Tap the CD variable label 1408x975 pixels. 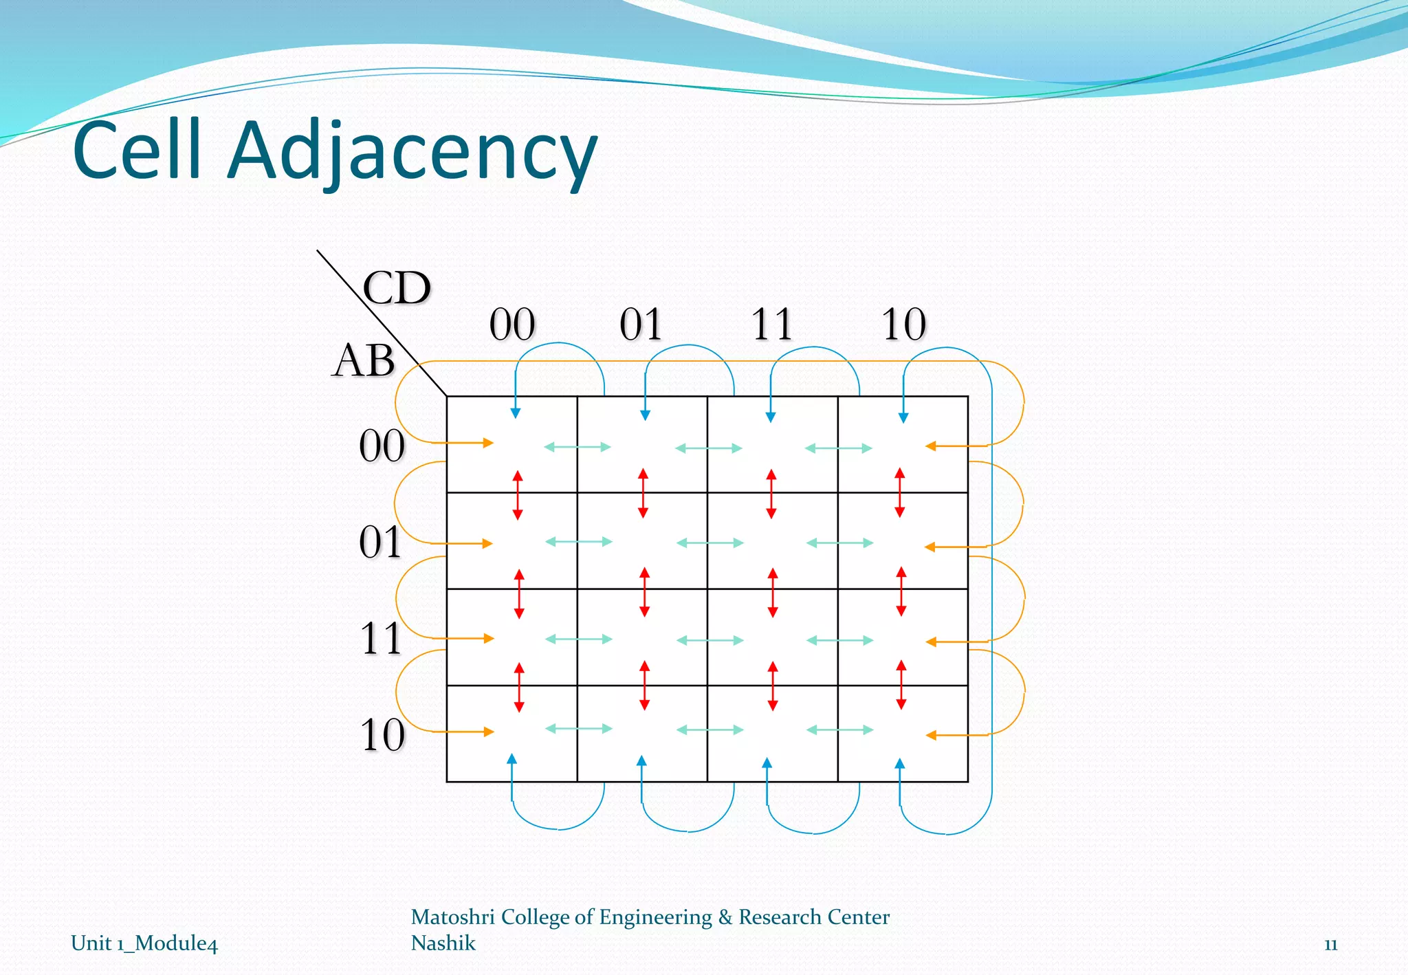tap(397, 287)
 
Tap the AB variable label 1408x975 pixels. tap(363, 360)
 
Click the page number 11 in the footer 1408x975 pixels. tap(1330, 945)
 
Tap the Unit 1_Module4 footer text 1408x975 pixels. tap(144, 943)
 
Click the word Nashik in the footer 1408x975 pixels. tap(443, 943)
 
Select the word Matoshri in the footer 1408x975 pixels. tap(452, 917)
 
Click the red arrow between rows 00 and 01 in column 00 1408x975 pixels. tap(518, 494)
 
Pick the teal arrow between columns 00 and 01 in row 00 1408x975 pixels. tap(577, 447)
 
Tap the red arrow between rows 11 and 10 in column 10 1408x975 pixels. tap(901, 685)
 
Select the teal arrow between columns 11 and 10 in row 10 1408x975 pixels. tap(839, 730)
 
